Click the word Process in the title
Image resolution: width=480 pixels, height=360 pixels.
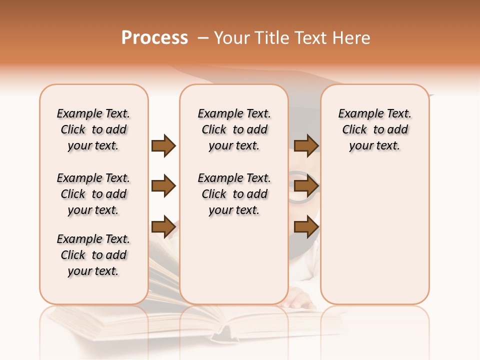pyautogui.click(x=154, y=38)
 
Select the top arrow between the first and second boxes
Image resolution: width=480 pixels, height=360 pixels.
pyautogui.click(x=163, y=145)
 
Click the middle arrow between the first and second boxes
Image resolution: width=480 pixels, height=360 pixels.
pyautogui.click(x=163, y=186)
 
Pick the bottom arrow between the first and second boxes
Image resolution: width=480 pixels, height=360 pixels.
pyautogui.click(x=163, y=226)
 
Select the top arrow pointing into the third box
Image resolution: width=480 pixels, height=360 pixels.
pyautogui.click(x=306, y=145)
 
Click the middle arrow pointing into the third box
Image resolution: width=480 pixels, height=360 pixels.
pyautogui.click(x=306, y=186)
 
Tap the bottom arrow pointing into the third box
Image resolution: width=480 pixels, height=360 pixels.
pyautogui.click(x=306, y=226)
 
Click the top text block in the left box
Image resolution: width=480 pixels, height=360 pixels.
pyautogui.click(x=93, y=129)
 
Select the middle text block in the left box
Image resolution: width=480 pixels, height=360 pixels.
pyautogui.click(x=93, y=194)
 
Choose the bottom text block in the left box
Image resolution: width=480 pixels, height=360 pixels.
pyautogui.click(x=93, y=255)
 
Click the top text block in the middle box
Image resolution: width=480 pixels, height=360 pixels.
pyautogui.click(x=234, y=129)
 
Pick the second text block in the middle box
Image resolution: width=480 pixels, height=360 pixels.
pyautogui.click(x=234, y=194)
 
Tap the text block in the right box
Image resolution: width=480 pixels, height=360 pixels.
pyautogui.click(x=374, y=129)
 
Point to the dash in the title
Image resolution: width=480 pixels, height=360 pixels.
pyautogui.click(x=202, y=38)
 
